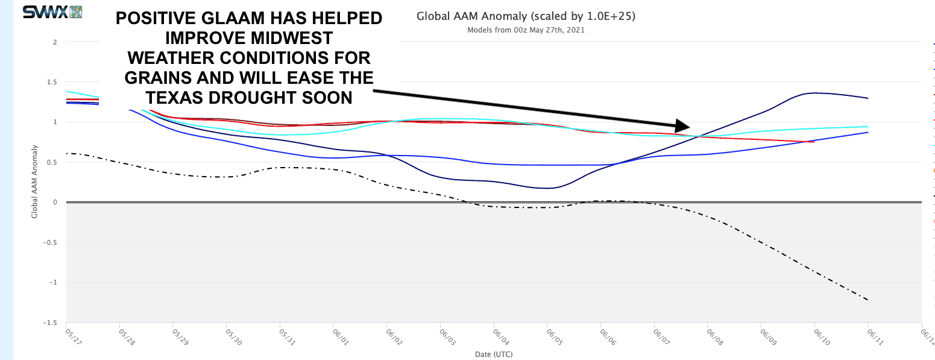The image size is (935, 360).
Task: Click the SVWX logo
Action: (52, 11)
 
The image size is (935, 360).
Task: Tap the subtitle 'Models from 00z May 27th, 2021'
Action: (526, 30)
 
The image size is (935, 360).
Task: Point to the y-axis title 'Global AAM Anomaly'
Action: (34, 181)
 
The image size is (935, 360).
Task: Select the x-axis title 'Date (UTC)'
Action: (494, 354)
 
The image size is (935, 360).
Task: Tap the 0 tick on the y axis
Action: (55, 202)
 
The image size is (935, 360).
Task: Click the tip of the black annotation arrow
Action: (689, 126)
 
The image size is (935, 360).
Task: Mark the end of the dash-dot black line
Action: (867, 300)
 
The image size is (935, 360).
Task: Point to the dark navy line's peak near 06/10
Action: (815, 93)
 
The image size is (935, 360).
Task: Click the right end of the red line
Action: (814, 142)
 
